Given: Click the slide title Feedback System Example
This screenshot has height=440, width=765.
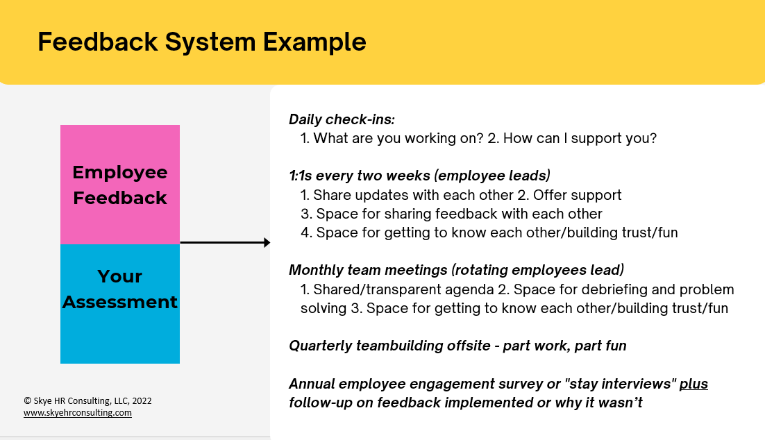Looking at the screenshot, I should (201, 42).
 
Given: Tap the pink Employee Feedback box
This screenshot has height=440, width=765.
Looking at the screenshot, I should (120, 185).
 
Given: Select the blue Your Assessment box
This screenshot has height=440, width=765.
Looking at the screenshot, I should (120, 303).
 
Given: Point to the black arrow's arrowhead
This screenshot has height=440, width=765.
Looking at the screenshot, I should (267, 243).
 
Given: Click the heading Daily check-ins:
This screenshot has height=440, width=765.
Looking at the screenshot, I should (342, 119).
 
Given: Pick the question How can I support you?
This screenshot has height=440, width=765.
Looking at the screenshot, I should (580, 138).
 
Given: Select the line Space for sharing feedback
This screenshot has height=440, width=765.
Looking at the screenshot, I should (459, 214).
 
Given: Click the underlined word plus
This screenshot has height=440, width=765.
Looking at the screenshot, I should (693, 384).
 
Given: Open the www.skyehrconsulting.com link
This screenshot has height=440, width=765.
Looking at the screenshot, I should (77, 413).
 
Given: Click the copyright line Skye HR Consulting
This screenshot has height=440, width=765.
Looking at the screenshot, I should (87, 401).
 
